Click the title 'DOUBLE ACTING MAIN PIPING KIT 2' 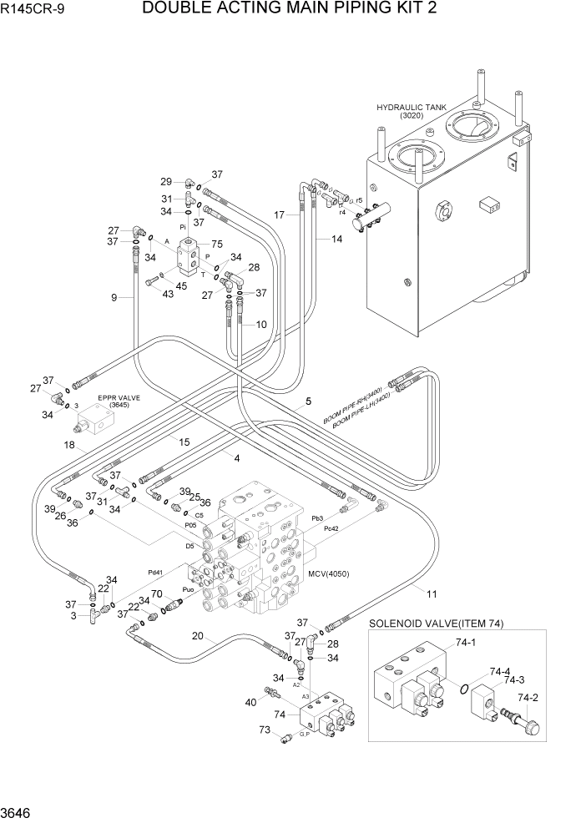point(290,9)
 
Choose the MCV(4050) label point(328,574)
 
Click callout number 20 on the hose point(197,635)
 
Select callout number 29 point(165,181)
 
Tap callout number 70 point(155,594)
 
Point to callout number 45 point(181,287)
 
